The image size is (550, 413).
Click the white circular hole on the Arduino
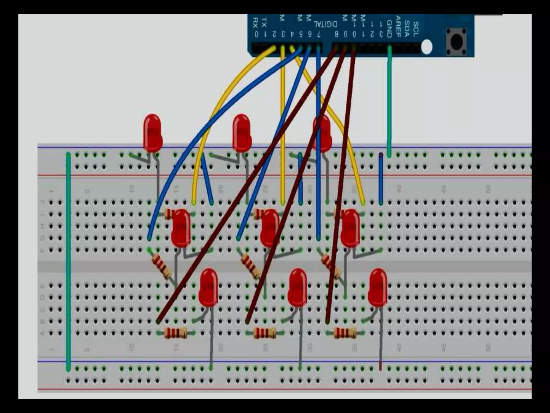coord(427,47)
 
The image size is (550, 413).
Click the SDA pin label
coord(407,28)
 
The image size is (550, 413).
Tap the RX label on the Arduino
coord(256,23)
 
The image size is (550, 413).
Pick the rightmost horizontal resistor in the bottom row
coord(345,333)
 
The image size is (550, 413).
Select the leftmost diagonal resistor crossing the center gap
coord(162,266)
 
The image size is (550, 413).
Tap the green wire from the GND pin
coord(389,102)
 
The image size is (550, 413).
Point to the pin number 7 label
coord(319,34)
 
